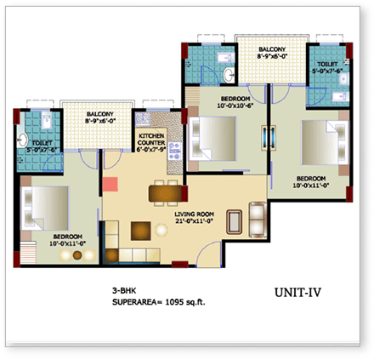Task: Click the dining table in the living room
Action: click(164, 194)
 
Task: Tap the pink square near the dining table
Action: click(110, 182)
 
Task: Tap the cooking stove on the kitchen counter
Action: click(173, 153)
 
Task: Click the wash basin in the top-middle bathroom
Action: click(228, 75)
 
